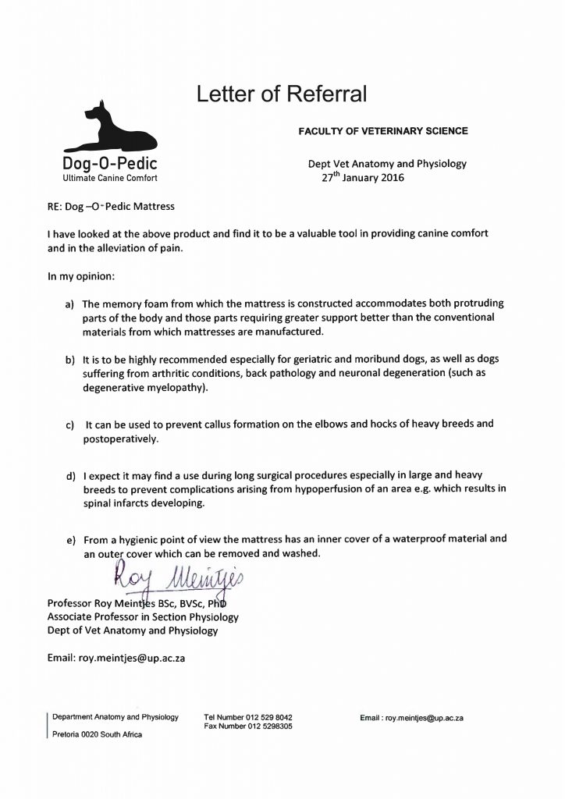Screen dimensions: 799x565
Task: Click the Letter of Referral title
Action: point(281,95)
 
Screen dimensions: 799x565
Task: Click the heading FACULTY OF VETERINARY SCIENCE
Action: point(383,131)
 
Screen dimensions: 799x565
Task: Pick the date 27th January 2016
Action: point(364,177)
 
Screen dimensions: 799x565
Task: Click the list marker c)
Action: point(69,425)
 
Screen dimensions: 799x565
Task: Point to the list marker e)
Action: point(69,539)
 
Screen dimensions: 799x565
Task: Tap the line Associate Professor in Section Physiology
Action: point(143,616)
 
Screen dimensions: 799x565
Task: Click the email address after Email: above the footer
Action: point(132,658)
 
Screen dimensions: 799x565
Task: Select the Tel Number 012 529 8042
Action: point(248,717)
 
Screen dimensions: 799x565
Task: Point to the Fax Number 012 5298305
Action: point(248,726)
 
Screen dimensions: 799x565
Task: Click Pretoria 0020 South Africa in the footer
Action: point(98,735)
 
